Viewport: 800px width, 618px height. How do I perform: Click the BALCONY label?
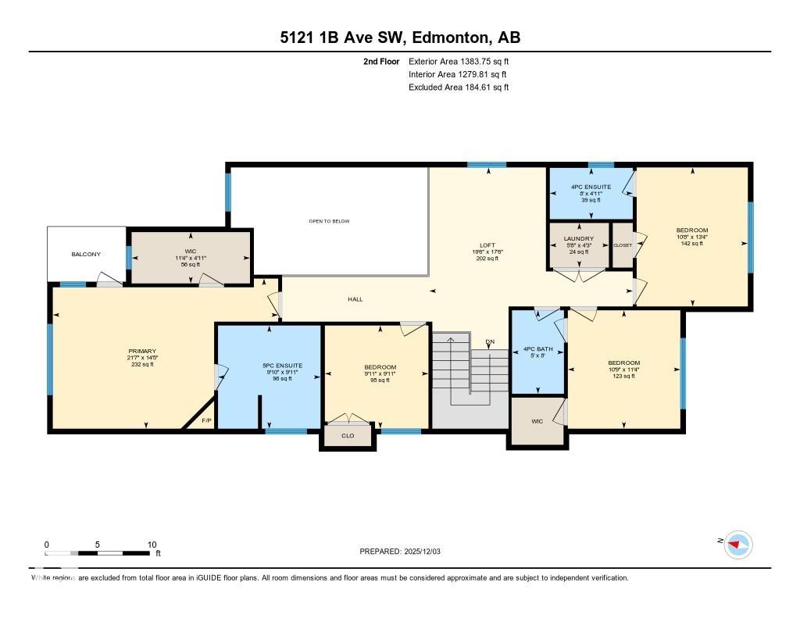click(x=86, y=254)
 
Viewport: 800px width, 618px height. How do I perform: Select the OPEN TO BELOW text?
click(x=328, y=221)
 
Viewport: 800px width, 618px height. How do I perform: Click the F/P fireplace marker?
click(x=206, y=421)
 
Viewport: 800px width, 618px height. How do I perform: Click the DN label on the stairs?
click(x=490, y=342)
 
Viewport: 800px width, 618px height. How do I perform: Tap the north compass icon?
click(x=737, y=544)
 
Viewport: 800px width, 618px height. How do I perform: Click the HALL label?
click(x=355, y=299)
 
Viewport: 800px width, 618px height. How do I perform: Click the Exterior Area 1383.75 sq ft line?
click(x=459, y=61)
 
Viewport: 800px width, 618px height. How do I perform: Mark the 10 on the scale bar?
click(x=152, y=545)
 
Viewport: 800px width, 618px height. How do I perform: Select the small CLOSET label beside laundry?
click(x=623, y=245)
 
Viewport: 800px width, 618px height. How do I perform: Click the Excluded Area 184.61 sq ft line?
click(x=459, y=88)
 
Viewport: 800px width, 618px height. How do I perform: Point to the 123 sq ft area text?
click(x=623, y=377)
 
